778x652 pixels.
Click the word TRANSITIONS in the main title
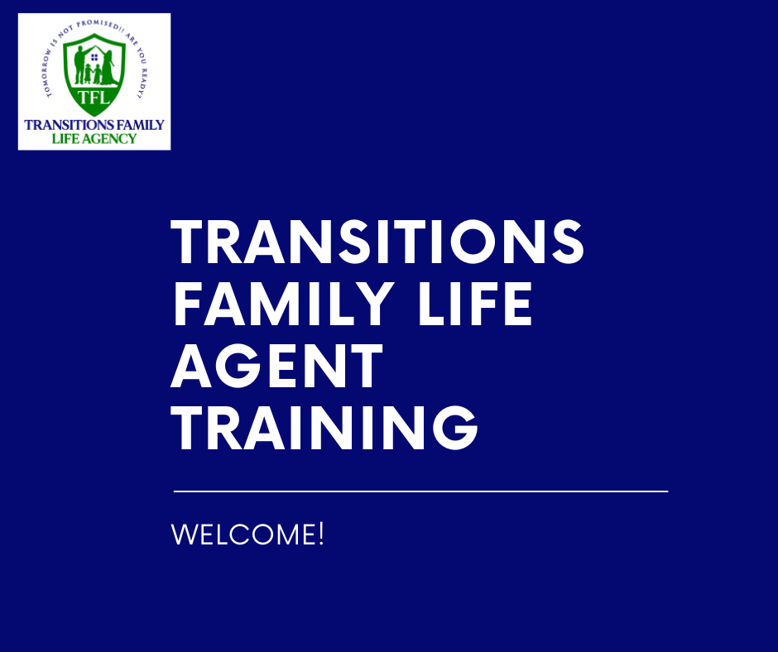coord(377,242)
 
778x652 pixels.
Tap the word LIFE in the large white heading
coord(475,303)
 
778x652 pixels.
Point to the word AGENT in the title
coord(277,365)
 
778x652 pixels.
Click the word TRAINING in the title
coord(324,427)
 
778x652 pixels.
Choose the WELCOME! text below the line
coord(247,534)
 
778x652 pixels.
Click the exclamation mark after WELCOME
coord(321,534)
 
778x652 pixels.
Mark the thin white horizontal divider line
coord(420,491)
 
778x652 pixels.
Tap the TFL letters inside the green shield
coord(94,98)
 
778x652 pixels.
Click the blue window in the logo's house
coord(94,58)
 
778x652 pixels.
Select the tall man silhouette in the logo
coord(80,65)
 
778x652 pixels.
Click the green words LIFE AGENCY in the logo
coord(94,138)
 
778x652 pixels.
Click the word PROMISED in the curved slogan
coord(98,25)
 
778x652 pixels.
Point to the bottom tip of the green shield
coord(94,117)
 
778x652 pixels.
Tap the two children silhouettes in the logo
coord(93,74)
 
